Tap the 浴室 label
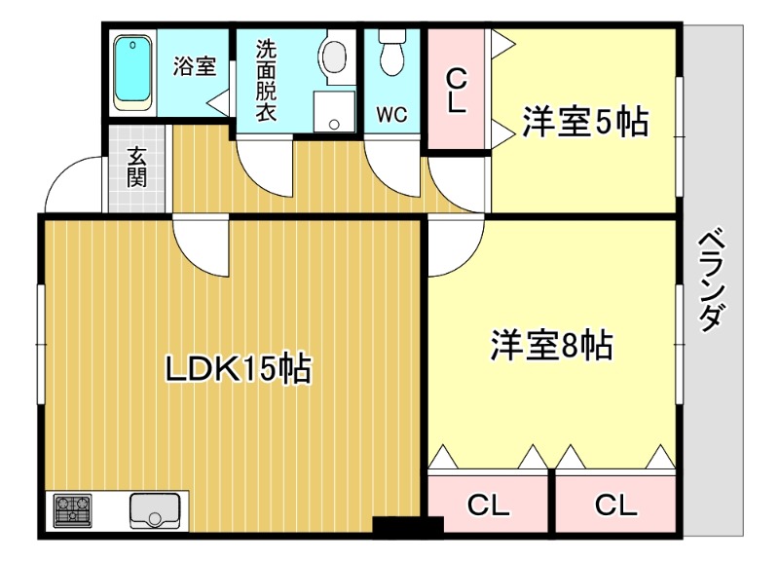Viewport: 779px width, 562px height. pos(194,67)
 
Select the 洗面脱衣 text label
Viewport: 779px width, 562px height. pos(266,81)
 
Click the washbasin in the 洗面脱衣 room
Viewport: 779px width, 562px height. pos(335,53)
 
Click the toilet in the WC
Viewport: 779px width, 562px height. pos(392,52)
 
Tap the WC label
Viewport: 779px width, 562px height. pos(392,114)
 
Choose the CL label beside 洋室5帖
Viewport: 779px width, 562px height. pos(456,91)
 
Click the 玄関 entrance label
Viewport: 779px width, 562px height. pos(136,169)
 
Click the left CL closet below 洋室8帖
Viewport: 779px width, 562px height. pos(488,505)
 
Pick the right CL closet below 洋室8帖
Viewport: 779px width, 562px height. pos(615,505)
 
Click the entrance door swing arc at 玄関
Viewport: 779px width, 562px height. pos(76,184)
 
